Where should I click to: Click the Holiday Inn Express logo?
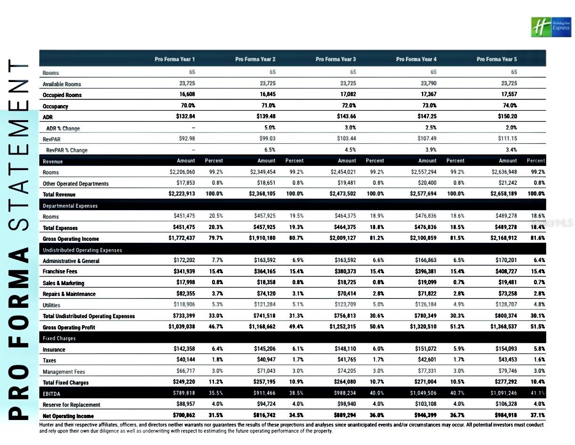coord(550,27)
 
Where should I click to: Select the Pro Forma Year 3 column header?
coord(336,59)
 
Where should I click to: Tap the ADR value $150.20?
coord(507,117)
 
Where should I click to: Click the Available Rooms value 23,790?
coord(427,84)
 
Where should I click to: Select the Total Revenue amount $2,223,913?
coord(182,194)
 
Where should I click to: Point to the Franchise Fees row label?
coord(60,272)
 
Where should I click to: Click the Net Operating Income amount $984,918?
coord(503,416)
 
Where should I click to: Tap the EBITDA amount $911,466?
coord(263,393)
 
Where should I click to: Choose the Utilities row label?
coord(51,305)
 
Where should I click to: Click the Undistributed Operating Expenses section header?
coord(82,250)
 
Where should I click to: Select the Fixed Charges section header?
coord(59,338)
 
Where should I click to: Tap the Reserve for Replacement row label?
coord(71,404)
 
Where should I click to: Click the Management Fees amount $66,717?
coord(184,371)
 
